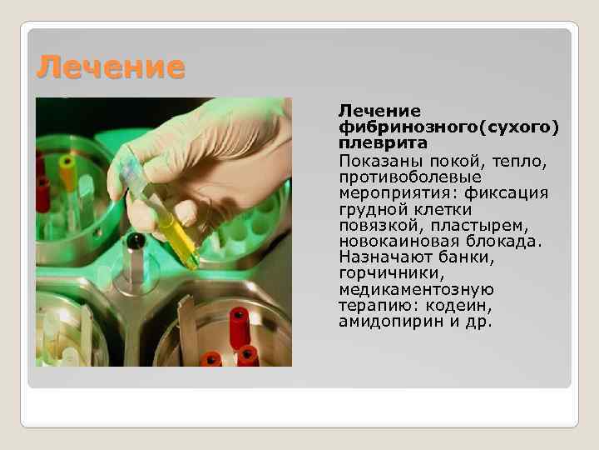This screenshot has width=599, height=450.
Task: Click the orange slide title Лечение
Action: click(109, 67)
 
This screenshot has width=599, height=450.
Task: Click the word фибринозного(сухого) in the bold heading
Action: click(448, 127)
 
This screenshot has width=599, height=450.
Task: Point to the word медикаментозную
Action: click(416, 289)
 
